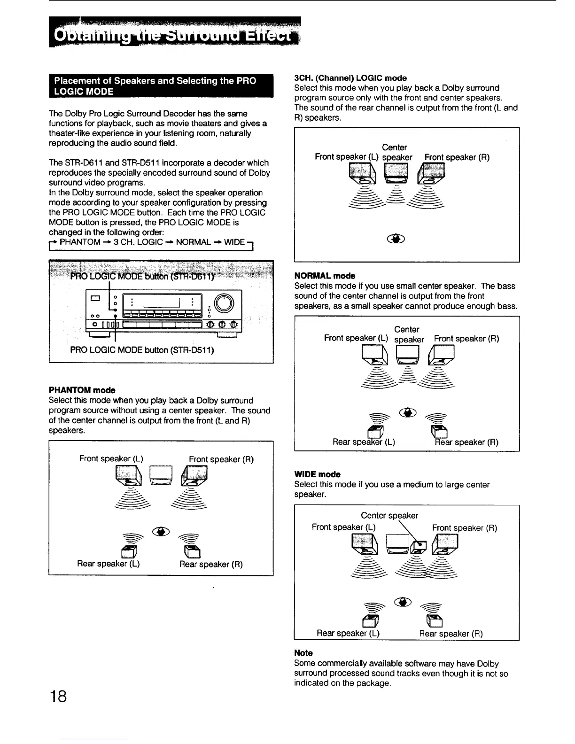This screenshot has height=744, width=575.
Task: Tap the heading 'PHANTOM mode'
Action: click(x=82, y=390)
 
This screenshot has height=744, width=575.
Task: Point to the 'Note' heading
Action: click(x=303, y=653)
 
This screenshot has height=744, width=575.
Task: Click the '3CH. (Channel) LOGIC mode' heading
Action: click(x=350, y=78)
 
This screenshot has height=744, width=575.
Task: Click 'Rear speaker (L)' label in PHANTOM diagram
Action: click(x=109, y=563)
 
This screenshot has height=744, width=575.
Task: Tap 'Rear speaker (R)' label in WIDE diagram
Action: click(x=451, y=633)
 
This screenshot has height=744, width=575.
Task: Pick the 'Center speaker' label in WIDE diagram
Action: click(x=389, y=515)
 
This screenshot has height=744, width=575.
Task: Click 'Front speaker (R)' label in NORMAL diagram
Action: click(x=466, y=338)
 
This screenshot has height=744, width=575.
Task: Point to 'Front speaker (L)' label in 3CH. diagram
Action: click(x=347, y=157)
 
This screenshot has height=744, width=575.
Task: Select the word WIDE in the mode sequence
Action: click(x=234, y=242)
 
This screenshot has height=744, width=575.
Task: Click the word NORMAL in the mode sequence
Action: click(x=193, y=242)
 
